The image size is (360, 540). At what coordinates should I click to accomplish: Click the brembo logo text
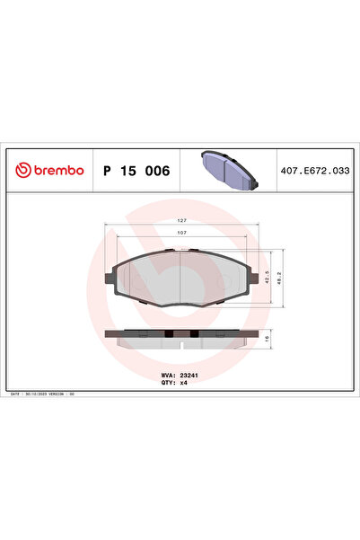(x=56, y=170)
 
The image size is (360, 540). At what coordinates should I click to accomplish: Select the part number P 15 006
(x=136, y=170)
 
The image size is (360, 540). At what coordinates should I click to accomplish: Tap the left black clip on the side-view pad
(x=167, y=335)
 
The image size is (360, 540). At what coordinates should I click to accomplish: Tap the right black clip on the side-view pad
(x=194, y=335)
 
